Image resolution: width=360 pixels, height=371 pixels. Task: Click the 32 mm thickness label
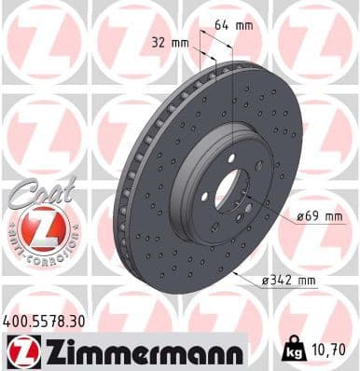[x=169, y=42]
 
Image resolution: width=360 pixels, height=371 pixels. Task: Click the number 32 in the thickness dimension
[x=157, y=42]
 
